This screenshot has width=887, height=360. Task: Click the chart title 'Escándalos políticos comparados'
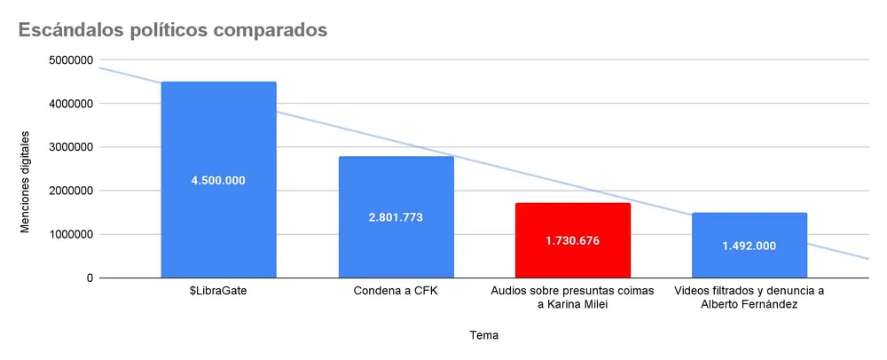click(168, 30)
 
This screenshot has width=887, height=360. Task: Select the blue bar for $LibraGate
click(218, 133)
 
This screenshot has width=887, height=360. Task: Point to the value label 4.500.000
click(218, 180)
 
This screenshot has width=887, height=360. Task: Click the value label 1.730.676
click(573, 240)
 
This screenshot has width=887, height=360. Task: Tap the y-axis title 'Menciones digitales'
click(26, 182)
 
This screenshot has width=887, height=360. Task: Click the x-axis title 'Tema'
click(483, 336)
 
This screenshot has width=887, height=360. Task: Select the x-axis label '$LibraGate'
click(218, 290)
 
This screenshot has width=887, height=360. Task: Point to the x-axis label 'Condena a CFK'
click(396, 290)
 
